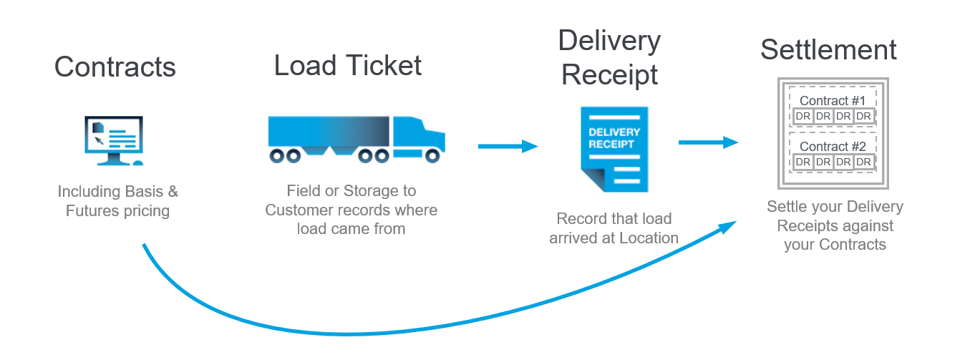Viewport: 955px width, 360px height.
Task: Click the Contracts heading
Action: pyautogui.click(x=115, y=67)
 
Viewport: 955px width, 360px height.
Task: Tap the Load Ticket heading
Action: pyautogui.click(x=348, y=65)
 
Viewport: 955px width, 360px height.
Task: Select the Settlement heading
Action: pyautogui.click(x=828, y=49)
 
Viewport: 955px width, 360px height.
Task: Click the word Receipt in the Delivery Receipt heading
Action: pyautogui.click(x=610, y=74)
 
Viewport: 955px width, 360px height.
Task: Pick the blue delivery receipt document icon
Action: pyautogui.click(x=614, y=149)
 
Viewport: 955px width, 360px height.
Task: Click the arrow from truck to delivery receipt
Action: pyautogui.click(x=508, y=147)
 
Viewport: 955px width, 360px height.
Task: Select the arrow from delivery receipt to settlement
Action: pyautogui.click(x=708, y=142)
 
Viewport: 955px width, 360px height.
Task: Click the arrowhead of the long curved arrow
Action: pyautogui.click(x=727, y=228)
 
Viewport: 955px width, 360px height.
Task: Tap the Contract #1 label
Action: pyautogui.click(x=833, y=101)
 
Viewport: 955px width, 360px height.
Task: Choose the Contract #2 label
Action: pyautogui.click(x=833, y=147)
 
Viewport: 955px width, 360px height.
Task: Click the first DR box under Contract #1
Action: pyautogui.click(x=803, y=116)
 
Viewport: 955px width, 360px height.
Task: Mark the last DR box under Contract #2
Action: pyautogui.click(x=864, y=162)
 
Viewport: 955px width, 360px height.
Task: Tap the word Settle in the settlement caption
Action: pyautogui.click(x=785, y=207)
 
